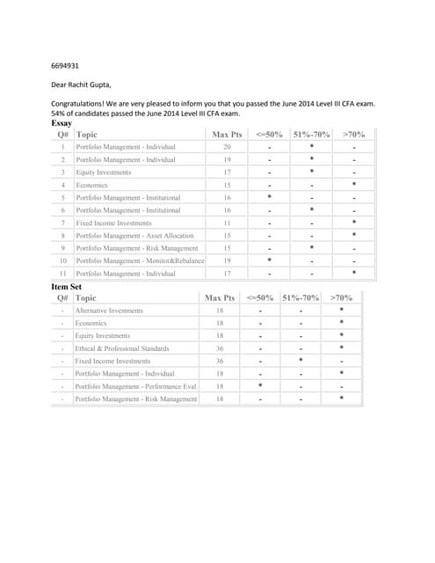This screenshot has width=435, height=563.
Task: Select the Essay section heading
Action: coord(63,124)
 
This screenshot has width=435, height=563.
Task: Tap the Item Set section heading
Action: coord(66,287)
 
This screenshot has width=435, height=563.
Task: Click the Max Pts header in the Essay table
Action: coord(227,135)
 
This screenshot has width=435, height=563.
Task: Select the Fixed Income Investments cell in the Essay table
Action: coord(113,223)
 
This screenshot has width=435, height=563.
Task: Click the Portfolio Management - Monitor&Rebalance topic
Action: coord(141,261)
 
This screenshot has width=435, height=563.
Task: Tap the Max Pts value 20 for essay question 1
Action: coord(227,147)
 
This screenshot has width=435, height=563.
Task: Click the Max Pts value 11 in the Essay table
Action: coord(227,223)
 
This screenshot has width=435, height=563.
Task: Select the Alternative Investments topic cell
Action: coord(109,311)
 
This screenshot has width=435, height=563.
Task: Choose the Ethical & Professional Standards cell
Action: coord(122,348)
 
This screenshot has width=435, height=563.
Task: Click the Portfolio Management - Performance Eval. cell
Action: coord(136,386)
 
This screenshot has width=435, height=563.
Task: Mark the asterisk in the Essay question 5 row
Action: coord(269,198)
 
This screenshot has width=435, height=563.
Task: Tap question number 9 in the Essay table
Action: coord(63,249)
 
